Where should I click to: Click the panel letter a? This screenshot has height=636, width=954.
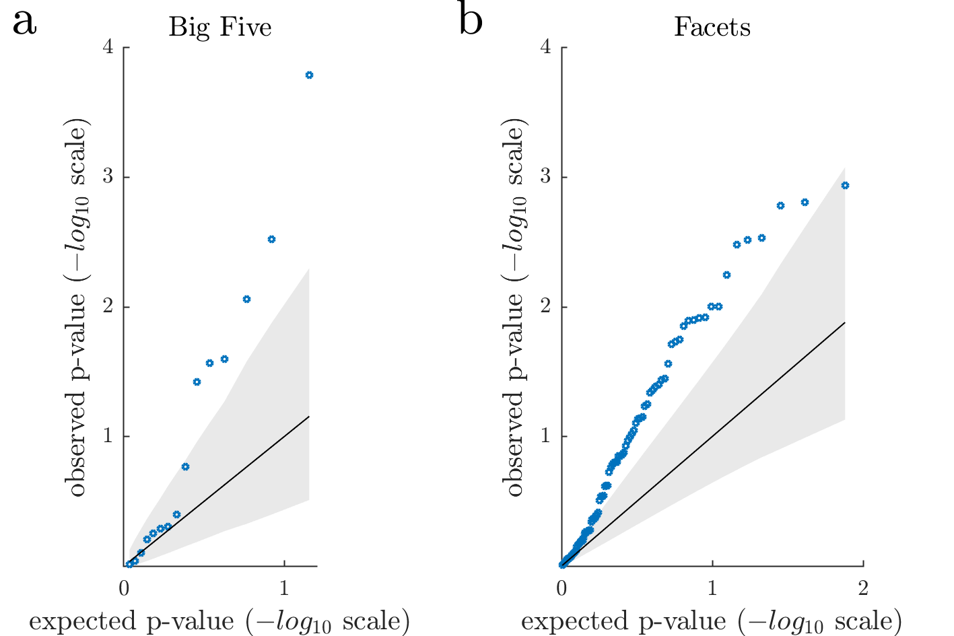coord(24,22)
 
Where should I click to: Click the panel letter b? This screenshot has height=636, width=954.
coord(471,21)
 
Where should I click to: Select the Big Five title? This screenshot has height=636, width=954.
coord(220,28)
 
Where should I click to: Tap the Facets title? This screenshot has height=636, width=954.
coord(712,28)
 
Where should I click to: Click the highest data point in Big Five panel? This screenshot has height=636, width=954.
coord(309,75)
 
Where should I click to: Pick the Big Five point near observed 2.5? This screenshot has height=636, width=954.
coord(271,240)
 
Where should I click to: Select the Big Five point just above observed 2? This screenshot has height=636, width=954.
coord(246,299)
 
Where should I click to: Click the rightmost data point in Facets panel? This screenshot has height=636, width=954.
coord(845,186)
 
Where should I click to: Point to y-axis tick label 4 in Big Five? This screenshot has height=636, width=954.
coord(108,48)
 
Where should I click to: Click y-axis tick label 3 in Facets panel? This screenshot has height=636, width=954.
coord(546,177)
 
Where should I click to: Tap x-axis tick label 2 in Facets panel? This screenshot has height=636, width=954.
coord(863,588)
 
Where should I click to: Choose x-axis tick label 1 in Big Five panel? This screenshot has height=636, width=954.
coord(284,588)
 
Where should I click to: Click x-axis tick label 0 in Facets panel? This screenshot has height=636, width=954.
coord(562,588)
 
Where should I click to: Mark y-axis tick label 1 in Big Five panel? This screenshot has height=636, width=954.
coord(108,436)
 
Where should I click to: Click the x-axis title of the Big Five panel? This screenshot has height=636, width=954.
coord(219,622)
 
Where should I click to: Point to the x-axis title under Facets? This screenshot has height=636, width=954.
coord(712,622)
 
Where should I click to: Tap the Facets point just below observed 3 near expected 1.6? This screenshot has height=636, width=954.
coord(805,203)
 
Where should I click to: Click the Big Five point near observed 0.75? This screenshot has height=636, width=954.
coord(185,467)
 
